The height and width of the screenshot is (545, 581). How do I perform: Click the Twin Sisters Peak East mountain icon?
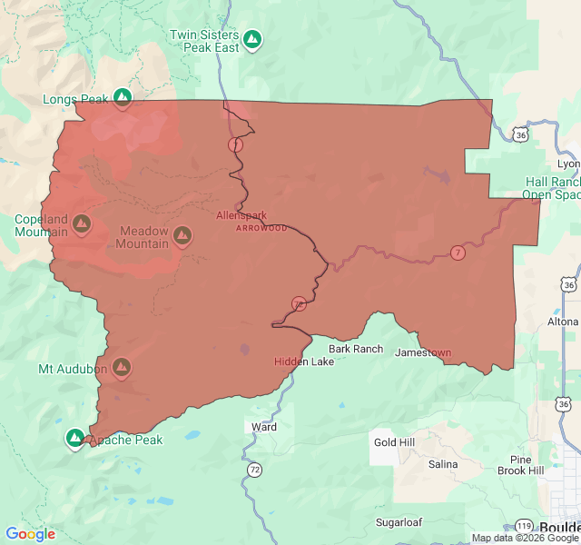tap(253, 39)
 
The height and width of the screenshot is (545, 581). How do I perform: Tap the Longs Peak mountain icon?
tap(123, 97)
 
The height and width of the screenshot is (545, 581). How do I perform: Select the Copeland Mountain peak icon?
tap(81, 223)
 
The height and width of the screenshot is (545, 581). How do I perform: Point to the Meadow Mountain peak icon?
tap(182, 236)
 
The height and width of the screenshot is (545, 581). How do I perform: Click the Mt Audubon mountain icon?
tap(122, 368)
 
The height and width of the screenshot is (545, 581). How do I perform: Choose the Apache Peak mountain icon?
tap(74, 439)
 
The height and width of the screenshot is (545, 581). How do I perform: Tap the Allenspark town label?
tap(241, 215)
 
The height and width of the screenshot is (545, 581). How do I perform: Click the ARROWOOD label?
tap(261, 228)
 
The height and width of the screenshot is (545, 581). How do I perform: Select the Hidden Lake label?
tap(304, 362)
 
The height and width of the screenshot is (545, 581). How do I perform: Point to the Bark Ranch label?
tap(356, 349)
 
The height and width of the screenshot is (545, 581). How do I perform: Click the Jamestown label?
tap(422, 352)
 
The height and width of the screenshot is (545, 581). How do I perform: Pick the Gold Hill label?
tap(394, 442)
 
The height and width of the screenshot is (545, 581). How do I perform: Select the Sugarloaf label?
tap(399, 522)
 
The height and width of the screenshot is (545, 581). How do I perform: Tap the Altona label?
tap(562, 322)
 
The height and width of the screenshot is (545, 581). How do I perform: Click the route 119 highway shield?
tap(525, 526)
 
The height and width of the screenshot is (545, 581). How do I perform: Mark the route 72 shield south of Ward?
tap(255, 470)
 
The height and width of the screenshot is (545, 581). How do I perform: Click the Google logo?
tap(30, 534)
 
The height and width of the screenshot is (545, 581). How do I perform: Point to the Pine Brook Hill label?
tap(520, 465)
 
